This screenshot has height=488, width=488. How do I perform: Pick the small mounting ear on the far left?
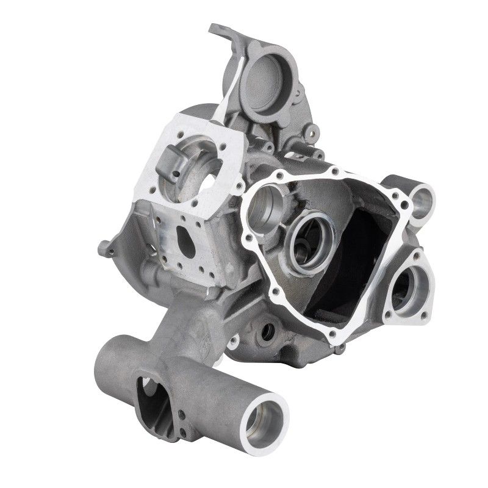(106, 248)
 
